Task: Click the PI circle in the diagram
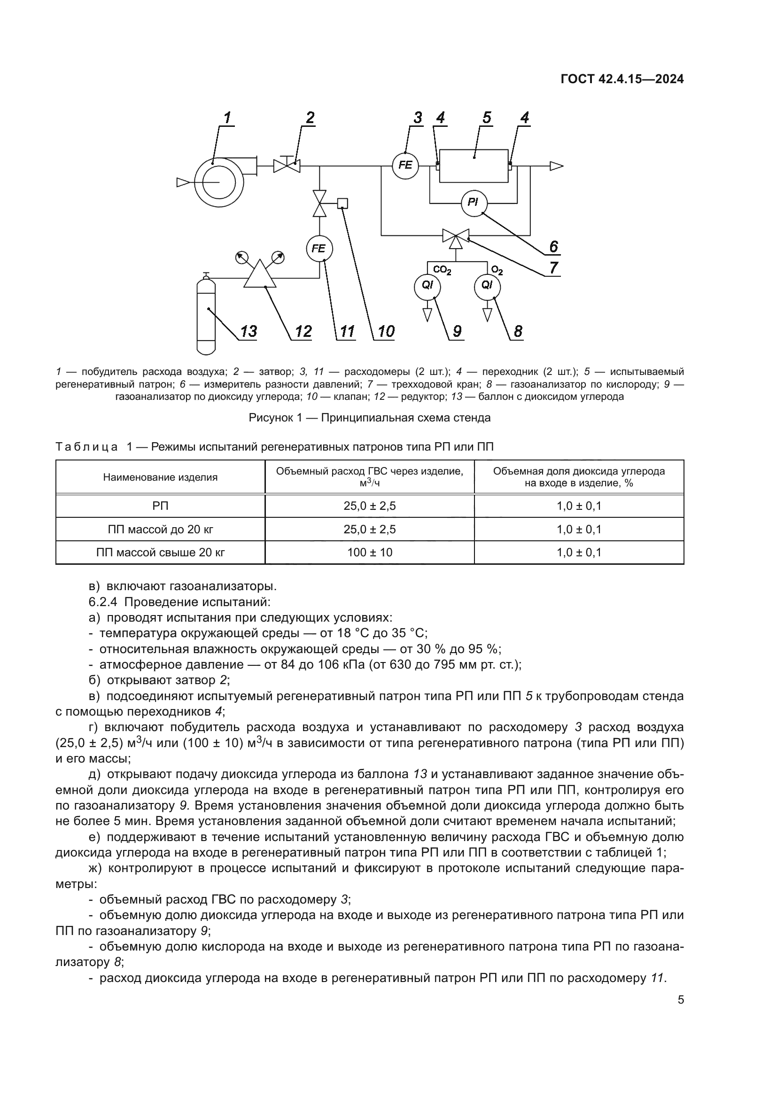pyautogui.click(x=473, y=203)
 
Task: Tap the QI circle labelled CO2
pyautogui.click(x=427, y=285)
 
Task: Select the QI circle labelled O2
pyautogui.click(x=487, y=285)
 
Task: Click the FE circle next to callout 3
pyautogui.click(x=405, y=165)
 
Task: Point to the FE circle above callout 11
pyautogui.click(x=319, y=249)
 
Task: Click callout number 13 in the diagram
pyautogui.click(x=248, y=331)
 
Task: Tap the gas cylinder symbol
pyautogui.click(x=207, y=316)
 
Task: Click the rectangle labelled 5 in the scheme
pyautogui.click(x=474, y=165)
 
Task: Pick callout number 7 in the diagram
pyautogui.click(x=553, y=267)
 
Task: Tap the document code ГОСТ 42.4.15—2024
pyautogui.click(x=622, y=79)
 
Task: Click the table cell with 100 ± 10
pyautogui.click(x=369, y=553)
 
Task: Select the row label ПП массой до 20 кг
pyautogui.click(x=160, y=530)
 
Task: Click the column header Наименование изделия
pyautogui.click(x=160, y=477)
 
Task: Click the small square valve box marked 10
pyautogui.click(x=342, y=203)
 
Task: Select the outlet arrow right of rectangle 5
pyautogui.click(x=556, y=166)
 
